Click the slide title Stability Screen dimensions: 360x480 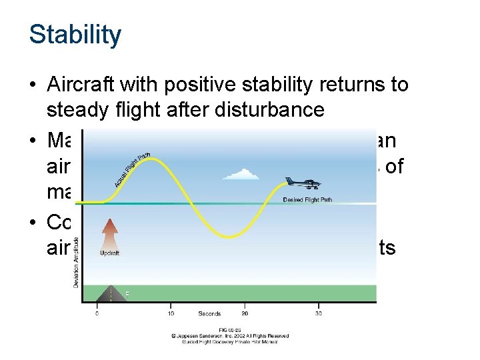click(75, 35)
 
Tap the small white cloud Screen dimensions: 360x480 click(239, 175)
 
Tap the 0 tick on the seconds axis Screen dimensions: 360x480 click(97, 313)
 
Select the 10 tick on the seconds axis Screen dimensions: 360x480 click(171, 313)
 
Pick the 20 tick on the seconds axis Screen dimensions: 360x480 click(245, 313)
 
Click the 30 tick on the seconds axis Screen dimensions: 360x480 click(319, 313)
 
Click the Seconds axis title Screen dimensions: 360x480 click(209, 313)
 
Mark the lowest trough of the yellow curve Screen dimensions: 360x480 click(229, 237)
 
